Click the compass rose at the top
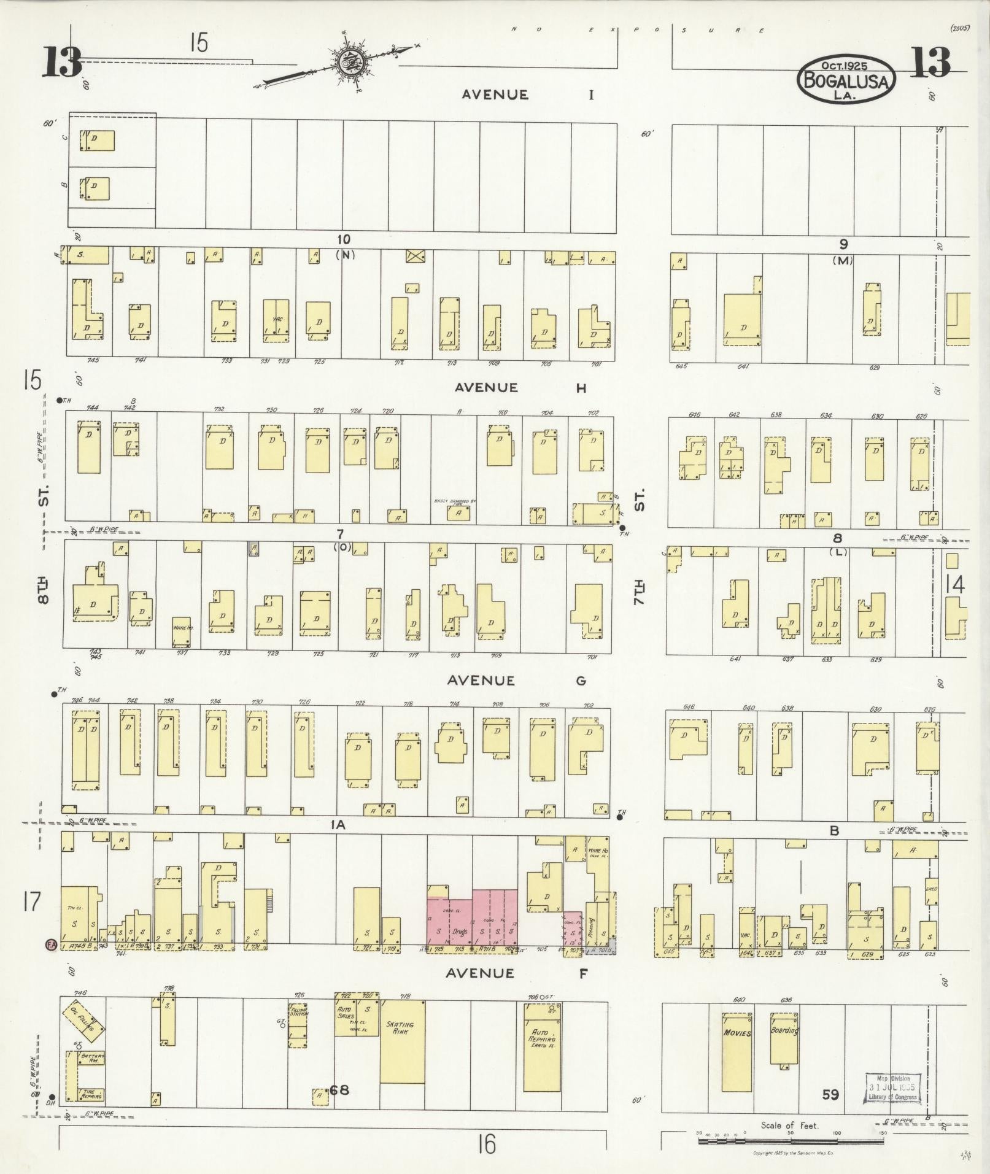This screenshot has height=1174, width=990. click(352, 61)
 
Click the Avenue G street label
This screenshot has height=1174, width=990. click(516, 680)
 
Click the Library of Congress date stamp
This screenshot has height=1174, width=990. click(893, 1089)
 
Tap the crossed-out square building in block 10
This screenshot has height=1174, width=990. click(415, 255)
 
